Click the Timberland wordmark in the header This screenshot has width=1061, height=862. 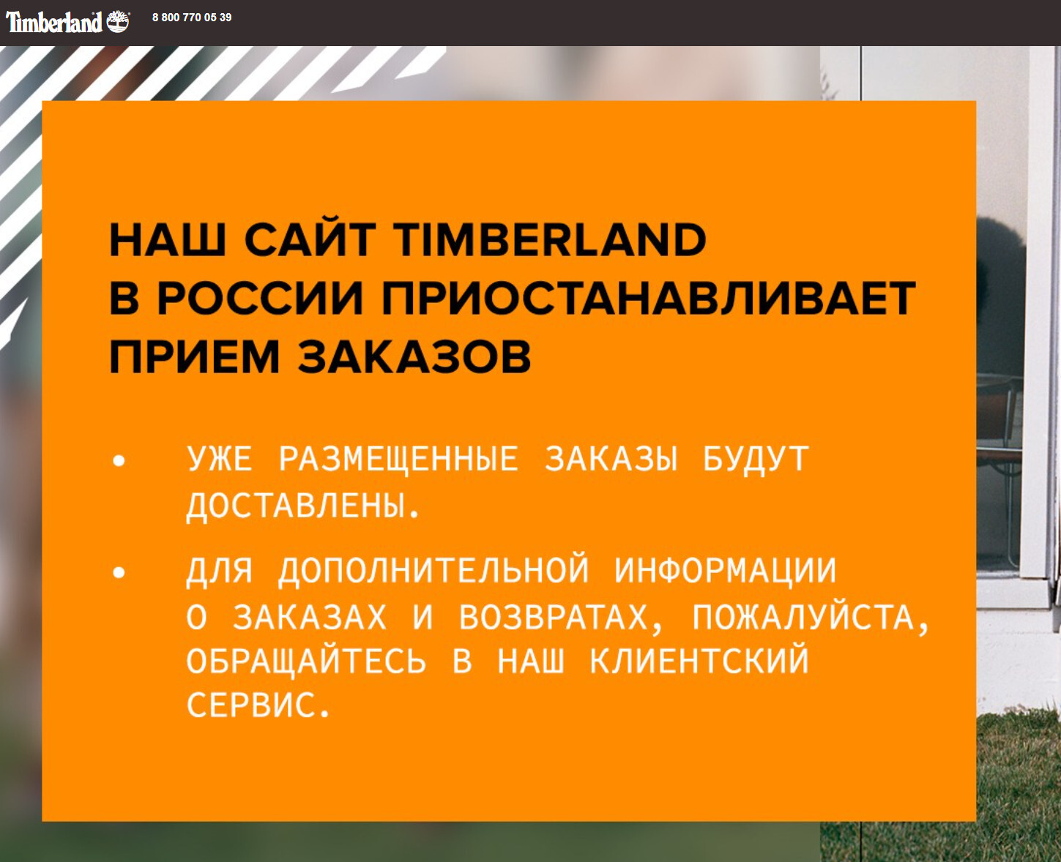[x=53, y=23]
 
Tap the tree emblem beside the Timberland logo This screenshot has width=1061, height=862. [x=118, y=21]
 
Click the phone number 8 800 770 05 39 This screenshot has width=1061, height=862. [x=192, y=18]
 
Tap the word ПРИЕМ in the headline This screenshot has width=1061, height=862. [x=194, y=356]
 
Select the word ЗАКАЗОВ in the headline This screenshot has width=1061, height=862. [x=414, y=356]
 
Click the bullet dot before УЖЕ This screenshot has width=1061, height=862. [x=119, y=461]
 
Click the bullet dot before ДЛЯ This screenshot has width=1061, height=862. [x=119, y=572]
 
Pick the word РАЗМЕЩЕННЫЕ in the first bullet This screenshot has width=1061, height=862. [x=398, y=458]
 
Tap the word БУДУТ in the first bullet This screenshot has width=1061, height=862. [x=755, y=458]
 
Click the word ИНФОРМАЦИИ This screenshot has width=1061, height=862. [x=725, y=570]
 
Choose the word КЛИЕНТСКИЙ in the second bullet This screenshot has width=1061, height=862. [x=699, y=661]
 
